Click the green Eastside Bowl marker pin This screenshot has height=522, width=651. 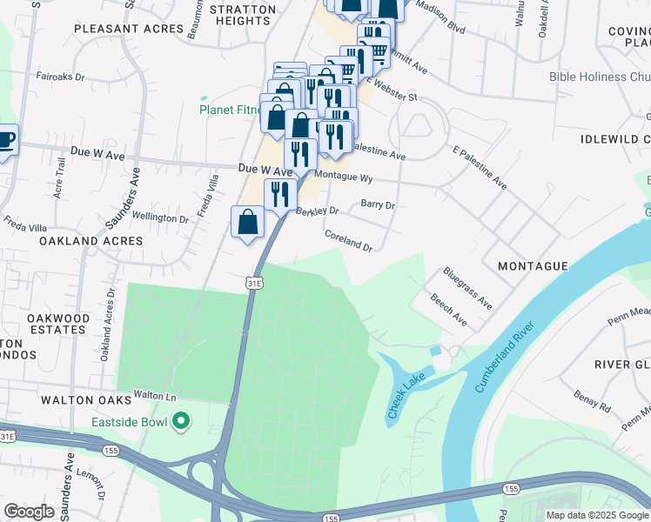pos(181,423)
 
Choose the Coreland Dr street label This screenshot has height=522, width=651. pos(348,240)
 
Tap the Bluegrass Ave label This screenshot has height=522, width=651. pos(467,289)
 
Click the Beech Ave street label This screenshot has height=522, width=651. pos(448,310)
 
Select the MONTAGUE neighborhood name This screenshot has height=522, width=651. pos(533,266)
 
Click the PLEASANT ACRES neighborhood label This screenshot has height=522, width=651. pos(130,29)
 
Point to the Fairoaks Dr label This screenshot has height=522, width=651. pos(60,77)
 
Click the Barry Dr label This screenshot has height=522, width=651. pos(378,205)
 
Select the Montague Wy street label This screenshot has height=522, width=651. pos(344,177)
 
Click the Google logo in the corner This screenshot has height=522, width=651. pos(29,512)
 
